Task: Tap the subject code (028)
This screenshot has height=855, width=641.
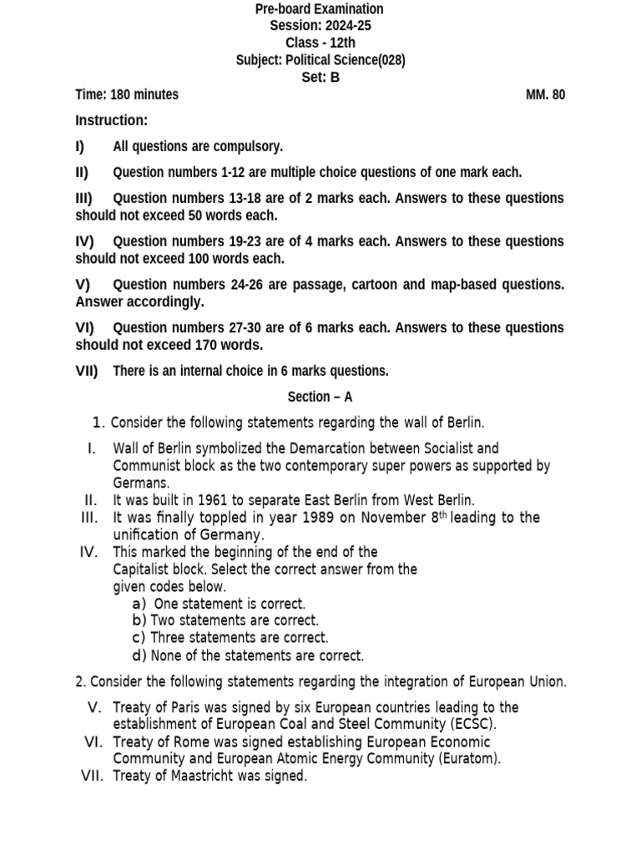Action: coord(392,60)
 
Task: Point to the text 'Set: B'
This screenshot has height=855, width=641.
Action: coord(320,78)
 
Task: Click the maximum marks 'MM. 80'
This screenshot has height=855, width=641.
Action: coord(545,94)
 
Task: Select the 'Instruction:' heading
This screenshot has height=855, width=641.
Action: coord(111,120)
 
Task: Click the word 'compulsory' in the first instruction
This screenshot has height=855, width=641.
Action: coord(252,147)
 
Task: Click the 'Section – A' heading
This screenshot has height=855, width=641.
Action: coord(320,397)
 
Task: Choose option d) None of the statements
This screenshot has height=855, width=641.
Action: coord(248,655)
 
